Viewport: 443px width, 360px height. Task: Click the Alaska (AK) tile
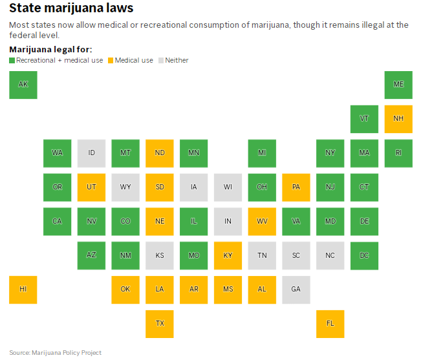(23, 85)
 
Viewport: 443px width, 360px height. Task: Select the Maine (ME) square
(398, 85)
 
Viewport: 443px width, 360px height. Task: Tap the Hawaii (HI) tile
(23, 289)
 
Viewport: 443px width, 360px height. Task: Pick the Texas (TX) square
(160, 323)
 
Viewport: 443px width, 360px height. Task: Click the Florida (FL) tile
(330, 323)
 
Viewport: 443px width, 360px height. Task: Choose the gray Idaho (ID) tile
(91, 153)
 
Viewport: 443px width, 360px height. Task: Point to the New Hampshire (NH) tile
(398, 119)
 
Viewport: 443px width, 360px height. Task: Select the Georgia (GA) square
(296, 289)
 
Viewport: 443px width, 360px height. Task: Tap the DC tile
(364, 255)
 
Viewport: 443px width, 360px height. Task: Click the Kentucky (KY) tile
(228, 255)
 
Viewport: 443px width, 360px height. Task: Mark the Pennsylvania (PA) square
(296, 187)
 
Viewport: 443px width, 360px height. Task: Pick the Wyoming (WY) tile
(125, 187)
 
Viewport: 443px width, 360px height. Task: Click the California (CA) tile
(58, 221)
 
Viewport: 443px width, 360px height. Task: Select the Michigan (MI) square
(262, 153)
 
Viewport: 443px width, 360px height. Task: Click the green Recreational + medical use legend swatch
(12, 60)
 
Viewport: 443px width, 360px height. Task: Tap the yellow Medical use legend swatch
(111, 60)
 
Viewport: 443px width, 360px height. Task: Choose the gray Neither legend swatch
(161, 60)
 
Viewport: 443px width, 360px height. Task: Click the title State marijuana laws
(71, 9)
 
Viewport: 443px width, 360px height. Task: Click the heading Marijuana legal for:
(50, 49)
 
